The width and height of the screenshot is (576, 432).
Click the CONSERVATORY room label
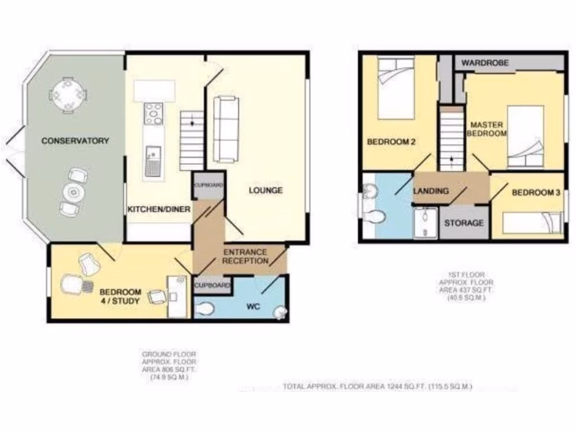tap(75, 141)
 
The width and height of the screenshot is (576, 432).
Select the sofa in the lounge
tap(226, 128)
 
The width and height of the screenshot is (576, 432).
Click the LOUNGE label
tap(265, 191)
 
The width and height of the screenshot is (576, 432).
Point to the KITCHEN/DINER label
tap(156, 209)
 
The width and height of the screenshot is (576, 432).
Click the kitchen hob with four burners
tap(154, 114)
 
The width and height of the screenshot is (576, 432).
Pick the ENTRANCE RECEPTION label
tap(245, 256)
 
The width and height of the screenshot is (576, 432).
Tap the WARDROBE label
tap(485, 63)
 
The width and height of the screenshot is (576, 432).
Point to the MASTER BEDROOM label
tap(488, 129)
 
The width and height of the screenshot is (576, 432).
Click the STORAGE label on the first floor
tap(464, 223)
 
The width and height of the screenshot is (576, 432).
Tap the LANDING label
tap(431, 191)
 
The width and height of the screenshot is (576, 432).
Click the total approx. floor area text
tap(377, 387)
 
